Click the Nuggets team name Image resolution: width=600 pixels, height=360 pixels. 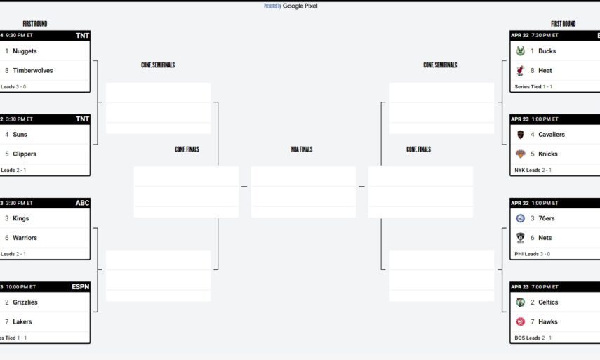click(25, 51)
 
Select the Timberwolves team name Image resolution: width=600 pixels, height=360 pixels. click(32, 70)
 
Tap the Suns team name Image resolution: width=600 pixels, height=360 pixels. click(20, 135)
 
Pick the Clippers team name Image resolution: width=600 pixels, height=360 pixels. click(25, 154)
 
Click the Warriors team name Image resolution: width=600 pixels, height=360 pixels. click(25, 238)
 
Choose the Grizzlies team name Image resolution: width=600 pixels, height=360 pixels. click(25, 302)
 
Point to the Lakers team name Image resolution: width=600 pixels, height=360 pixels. click(22, 321)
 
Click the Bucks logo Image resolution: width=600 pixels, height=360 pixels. click(521, 51)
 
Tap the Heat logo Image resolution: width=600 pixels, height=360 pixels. click(521, 70)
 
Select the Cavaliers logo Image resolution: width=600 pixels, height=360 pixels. click(521, 135)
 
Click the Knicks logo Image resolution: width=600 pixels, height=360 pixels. click(521, 154)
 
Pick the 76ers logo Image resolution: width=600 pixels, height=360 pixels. click(521, 218)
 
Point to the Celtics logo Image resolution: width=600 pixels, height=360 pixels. click(521, 302)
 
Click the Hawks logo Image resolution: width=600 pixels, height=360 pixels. click(521, 321)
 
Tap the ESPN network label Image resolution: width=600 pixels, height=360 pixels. click(80, 287)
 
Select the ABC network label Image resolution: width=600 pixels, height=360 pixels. click(82, 203)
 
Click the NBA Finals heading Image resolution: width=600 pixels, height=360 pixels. click(302, 149)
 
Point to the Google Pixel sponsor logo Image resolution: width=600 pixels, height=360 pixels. click(300, 6)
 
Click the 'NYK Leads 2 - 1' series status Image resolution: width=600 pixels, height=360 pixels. click(533, 170)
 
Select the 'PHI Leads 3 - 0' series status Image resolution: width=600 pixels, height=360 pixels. click(533, 254)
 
